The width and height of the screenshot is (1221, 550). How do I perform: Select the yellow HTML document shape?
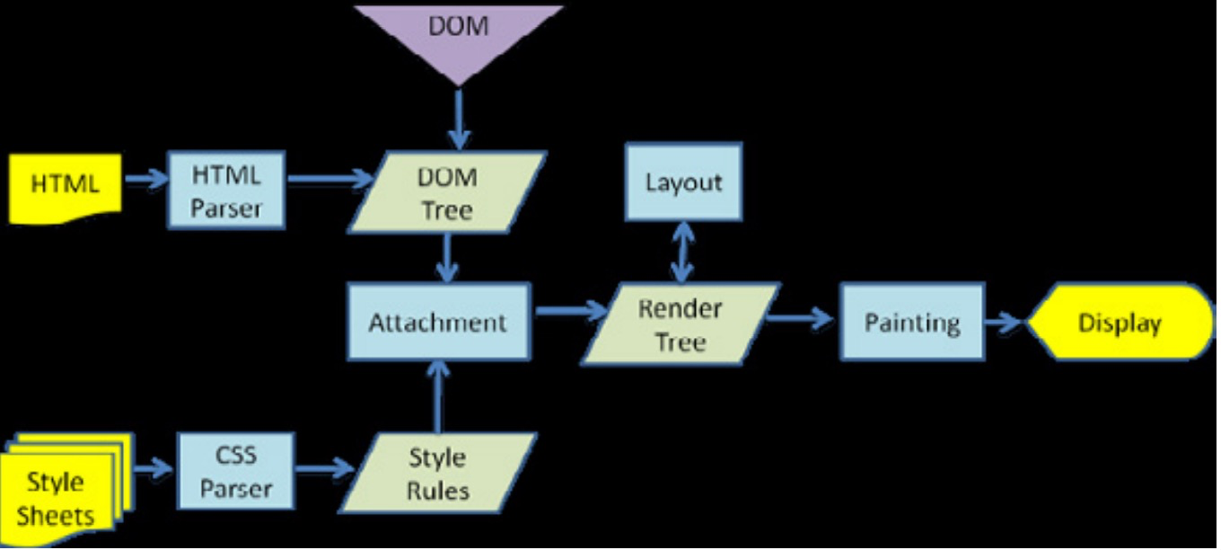click(65, 187)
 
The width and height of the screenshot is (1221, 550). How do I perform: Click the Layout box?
click(683, 182)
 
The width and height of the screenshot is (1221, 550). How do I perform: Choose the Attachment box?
click(438, 322)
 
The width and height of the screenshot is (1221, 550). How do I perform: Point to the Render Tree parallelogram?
click(680, 324)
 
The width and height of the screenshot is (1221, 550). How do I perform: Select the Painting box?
click(911, 323)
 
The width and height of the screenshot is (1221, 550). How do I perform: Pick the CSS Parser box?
click(236, 474)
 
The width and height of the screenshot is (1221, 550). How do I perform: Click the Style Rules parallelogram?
click(437, 474)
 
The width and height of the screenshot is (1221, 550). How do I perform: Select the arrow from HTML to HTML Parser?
click(145, 180)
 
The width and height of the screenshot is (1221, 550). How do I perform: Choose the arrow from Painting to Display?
click(1005, 322)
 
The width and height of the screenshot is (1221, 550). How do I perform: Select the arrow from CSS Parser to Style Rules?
click(325, 468)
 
